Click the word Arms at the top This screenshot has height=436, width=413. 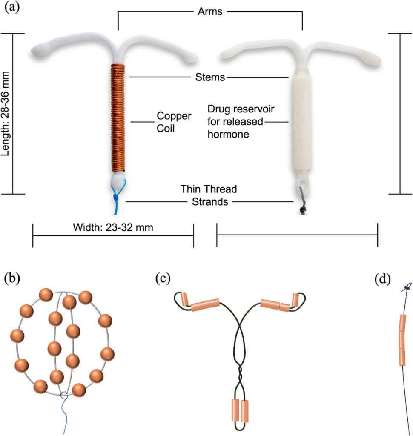tap(210, 11)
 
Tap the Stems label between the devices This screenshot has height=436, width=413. tap(209, 77)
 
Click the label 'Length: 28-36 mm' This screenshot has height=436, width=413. tap(6, 113)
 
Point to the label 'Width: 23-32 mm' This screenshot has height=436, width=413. tap(113, 227)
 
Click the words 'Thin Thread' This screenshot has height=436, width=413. tap(209, 189)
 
